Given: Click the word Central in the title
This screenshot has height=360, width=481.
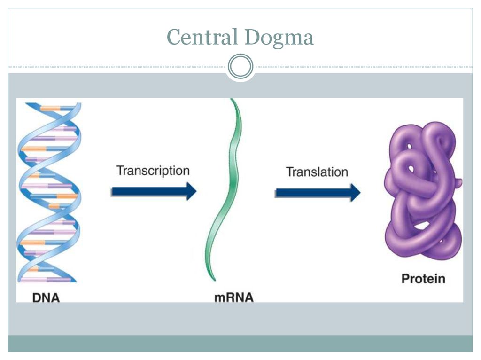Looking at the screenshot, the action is (x=202, y=37).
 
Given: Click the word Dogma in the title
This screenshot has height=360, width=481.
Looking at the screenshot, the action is (x=279, y=38).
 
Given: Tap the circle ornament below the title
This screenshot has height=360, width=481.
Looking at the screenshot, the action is (x=240, y=66).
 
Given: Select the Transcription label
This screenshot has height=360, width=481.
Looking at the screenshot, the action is (x=153, y=171).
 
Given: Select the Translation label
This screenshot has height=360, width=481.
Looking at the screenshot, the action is (x=317, y=172).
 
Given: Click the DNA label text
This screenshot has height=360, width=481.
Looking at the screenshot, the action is (x=46, y=297).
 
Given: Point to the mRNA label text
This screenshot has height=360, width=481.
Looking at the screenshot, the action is (x=234, y=297).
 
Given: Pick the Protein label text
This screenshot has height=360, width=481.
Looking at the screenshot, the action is (x=423, y=279).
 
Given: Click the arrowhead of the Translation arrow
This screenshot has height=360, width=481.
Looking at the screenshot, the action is (x=356, y=192).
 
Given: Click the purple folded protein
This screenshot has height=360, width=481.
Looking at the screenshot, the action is (x=423, y=191).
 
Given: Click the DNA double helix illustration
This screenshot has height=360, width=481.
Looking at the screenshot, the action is (x=49, y=192).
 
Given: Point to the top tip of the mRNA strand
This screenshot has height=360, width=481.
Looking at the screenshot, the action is (x=231, y=99).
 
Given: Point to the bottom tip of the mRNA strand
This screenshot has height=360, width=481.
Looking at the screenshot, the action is (x=214, y=280).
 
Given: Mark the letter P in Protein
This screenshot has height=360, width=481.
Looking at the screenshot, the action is (x=405, y=279).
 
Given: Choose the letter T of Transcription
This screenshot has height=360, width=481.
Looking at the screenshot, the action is (x=120, y=170).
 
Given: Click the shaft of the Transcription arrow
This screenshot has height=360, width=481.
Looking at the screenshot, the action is (x=149, y=191).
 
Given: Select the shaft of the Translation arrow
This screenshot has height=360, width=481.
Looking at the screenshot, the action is (x=313, y=193).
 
